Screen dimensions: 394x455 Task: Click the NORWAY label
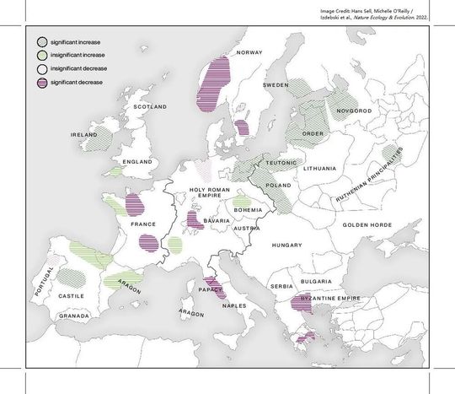click(250, 52)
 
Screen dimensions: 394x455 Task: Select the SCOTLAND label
click(153, 107)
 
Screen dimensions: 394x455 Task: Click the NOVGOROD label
click(353, 111)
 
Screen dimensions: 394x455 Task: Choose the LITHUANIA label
click(319, 169)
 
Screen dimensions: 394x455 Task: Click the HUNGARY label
click(286, 245)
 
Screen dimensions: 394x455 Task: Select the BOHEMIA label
click(249, 209)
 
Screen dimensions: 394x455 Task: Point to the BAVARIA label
click(217, 221)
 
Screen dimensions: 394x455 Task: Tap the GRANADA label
click(74, 316)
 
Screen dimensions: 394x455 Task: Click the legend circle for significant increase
click(41, 40)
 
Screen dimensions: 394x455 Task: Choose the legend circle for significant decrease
click(41, 81)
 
